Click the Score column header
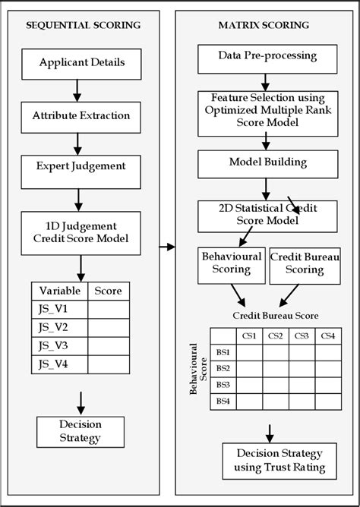click(x=109, y=291)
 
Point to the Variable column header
click(x=59, y=291)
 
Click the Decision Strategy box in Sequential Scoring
click(x=80, y=430)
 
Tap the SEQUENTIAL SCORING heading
click(x=83, y=25)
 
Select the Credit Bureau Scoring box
click(x=304, y=263)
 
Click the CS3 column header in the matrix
click(x=301, y=336)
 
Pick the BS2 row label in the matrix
click(x=223, y=368)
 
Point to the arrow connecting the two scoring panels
click(x=166, y=247)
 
